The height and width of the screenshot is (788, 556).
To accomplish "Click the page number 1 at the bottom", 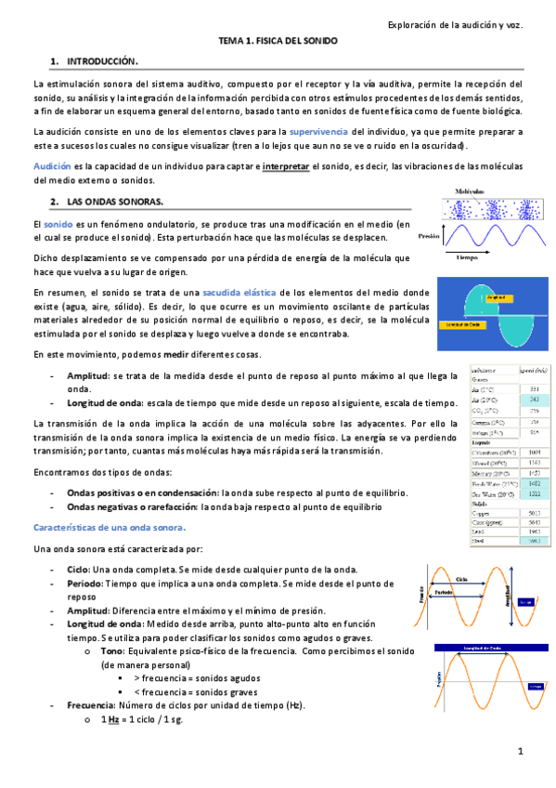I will [x=522, y=751].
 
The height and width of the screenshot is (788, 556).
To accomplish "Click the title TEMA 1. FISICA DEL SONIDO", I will [x=278, y=42].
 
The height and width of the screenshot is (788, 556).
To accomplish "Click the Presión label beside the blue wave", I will [x=428, y=235].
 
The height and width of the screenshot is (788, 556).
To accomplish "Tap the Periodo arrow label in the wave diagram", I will [x=445, y=591].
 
